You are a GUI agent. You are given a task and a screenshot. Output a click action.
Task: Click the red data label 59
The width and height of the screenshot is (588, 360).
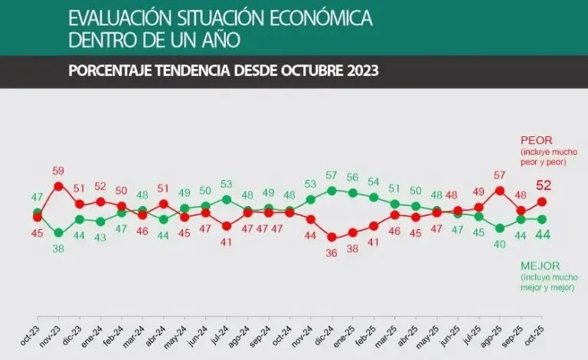tap(58, 172)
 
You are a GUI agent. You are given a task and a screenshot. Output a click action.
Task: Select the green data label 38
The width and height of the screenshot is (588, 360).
tap(58, 248)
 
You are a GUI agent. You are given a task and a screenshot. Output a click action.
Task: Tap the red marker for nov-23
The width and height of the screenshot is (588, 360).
tap(58, 186)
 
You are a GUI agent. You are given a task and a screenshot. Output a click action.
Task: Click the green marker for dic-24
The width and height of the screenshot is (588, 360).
tap(332, 190)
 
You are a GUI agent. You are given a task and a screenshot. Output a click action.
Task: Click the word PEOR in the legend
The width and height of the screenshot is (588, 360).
tap(536, 140)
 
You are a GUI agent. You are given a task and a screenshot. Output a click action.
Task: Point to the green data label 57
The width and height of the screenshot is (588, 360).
tap(332, 175)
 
